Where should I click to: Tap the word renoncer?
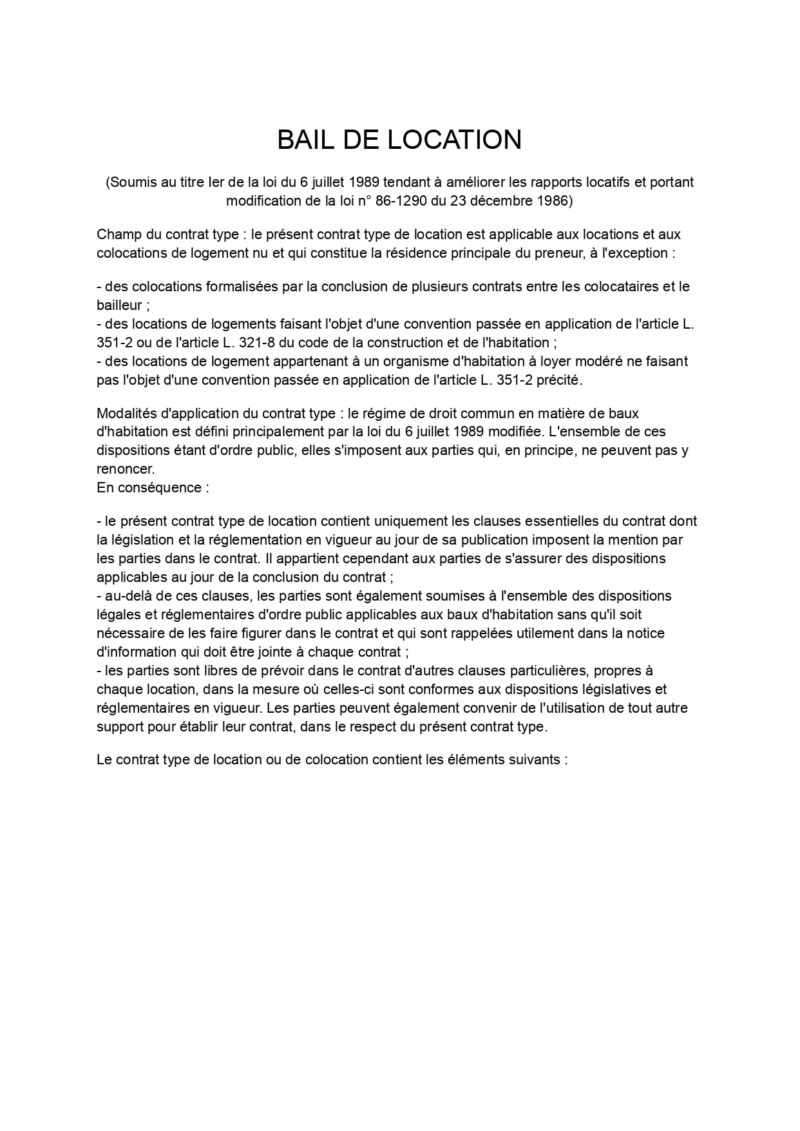126,469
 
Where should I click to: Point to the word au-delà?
128,595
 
